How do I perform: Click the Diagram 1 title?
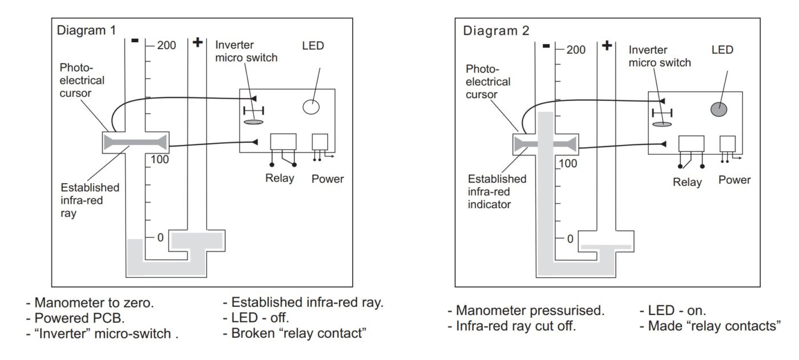[86, 31]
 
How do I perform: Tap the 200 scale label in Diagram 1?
[167, 45]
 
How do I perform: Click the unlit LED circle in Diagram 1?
[311, 106]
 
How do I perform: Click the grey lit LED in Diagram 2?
[719, 109]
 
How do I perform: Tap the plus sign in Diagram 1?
[198, 43]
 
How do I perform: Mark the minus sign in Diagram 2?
[546, 46]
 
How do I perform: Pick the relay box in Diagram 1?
[283, 142]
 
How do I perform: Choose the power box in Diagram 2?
[727, 144]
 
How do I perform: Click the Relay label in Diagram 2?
[687, 183]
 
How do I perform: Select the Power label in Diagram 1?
[328, 179]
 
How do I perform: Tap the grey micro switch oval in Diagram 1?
[254, 122]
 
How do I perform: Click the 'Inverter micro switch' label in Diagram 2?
[659, 56]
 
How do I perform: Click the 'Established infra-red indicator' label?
[497, 191]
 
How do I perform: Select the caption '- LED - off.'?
[256, 318]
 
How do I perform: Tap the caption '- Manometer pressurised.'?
[526, 312]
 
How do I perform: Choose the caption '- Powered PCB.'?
[75, 318]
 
